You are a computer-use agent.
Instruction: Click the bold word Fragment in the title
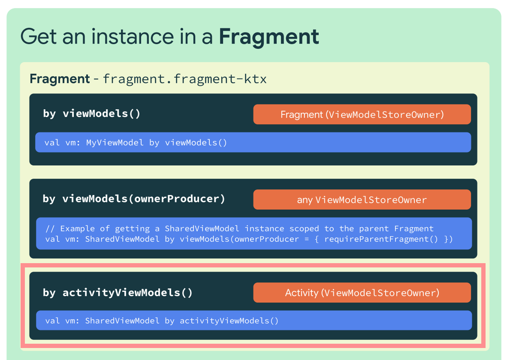click(x=269, y=36)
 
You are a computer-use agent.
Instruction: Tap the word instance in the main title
click(x=133, y=36)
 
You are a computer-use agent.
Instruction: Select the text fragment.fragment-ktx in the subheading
click(x=184, y=79)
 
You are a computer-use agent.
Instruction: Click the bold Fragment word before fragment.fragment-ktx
click(x=60, y=79)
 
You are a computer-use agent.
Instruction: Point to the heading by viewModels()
click(x=92, y=114)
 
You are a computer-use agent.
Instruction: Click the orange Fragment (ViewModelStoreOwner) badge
click(x=362, y=114)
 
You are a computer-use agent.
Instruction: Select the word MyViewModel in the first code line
click(x=115, y=143)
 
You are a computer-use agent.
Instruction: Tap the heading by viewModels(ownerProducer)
click(x=134, y=199)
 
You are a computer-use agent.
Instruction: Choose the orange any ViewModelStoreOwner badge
click(x=362, y=200)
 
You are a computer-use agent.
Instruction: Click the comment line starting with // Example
click(x=240, y=229)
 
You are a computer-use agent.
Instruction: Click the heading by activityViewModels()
click(x=118, y=293)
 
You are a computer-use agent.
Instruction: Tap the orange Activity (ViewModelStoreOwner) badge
click(x=362, y=293)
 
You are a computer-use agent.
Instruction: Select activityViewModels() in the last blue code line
click(x=229, y=321)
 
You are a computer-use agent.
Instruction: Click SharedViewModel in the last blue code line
click(x=122, y=321)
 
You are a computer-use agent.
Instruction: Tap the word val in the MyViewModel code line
click(x=52, y=143)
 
